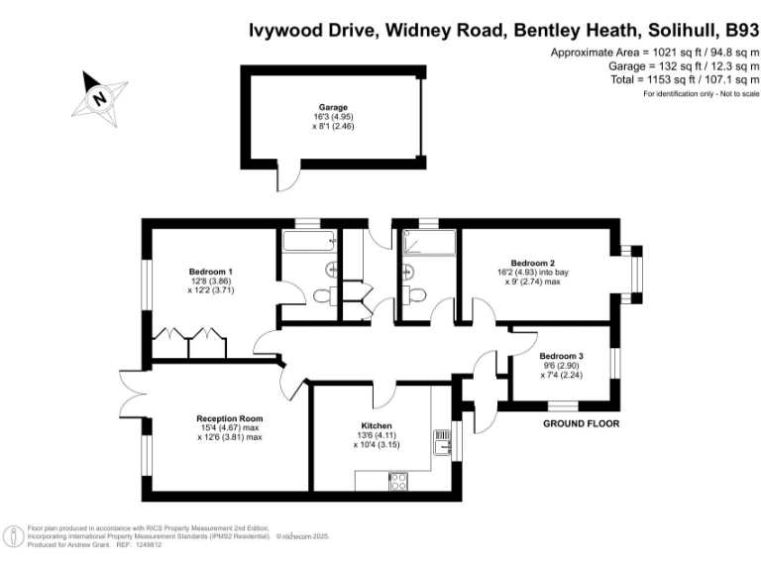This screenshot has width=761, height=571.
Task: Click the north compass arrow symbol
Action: point(98,95)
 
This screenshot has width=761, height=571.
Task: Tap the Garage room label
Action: point(333,106)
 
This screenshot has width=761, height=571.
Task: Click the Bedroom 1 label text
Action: point(211,271)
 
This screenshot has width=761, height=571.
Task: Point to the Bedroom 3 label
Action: point(561,355)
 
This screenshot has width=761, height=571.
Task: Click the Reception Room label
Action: point(229,419)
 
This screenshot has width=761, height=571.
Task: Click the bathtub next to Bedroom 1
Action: point(310,241)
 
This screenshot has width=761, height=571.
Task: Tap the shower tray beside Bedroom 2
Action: point(428,241)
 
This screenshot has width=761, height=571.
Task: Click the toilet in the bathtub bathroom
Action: point(321,294)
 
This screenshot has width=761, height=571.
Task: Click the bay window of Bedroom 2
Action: point(633,270)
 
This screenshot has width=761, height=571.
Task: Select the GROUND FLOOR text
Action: point(582,423)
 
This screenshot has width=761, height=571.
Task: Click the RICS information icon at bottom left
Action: point(15,536)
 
